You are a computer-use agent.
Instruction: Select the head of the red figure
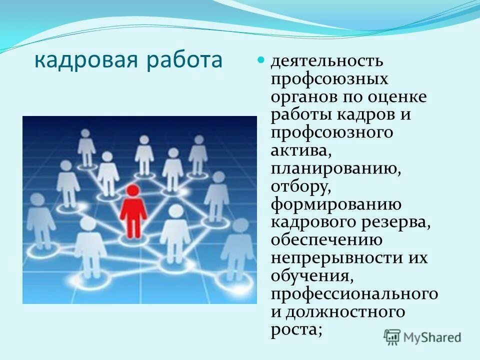coord(133,190)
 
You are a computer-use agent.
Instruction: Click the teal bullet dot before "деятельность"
coord(260,60)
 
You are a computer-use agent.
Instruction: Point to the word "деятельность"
coord(327,61)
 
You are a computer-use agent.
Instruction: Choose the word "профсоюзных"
coord(329,79)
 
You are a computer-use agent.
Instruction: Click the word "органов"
coord(305,96)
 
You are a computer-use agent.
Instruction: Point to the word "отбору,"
coord(301,186)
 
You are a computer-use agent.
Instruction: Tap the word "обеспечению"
coord(327,240)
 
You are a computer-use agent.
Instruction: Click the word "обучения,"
coord(309,276)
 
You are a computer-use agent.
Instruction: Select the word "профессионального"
coord(354,294)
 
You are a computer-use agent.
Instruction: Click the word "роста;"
coord(296,330)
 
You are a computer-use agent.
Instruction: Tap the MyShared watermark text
coord(432,337)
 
